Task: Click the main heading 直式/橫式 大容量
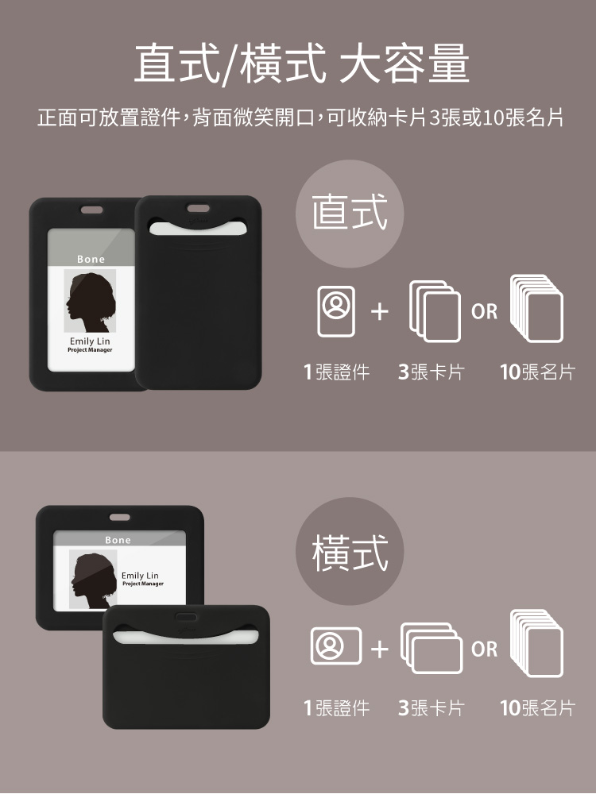tap(301, 64)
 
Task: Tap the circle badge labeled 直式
tap(350, 214)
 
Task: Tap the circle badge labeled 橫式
tap(350, 551)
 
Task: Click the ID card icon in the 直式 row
tap(335, 311)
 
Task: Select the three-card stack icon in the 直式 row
tap(435, 311)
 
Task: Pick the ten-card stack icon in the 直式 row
tap(536, 308)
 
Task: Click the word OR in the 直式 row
tap(484, 311)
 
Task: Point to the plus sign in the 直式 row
tap(380, 311)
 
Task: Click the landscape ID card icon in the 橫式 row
tap(336, 646)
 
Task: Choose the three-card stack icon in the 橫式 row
tap(432, 648)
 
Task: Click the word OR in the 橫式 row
tap(484, 649)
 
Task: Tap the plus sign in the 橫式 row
tap(380, 649)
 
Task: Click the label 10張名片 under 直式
tap(538, 372)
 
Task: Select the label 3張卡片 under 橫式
tap(432, 708)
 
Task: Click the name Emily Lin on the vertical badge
tap(90, 341)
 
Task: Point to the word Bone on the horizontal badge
tap(118, 540)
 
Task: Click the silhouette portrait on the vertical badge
tap(91, 301)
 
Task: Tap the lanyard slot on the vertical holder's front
tap(91, 210)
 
